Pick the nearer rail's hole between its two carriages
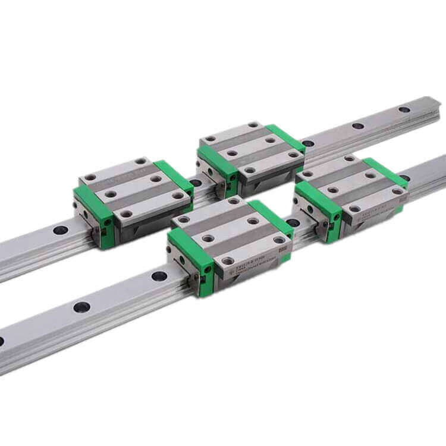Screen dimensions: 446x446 pyautogui.click(x=293, y=223)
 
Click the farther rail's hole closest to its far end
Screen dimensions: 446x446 pyautogui.click(x=404, y=109)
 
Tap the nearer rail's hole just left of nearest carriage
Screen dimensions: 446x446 pyautogui.click(x=159, y=276)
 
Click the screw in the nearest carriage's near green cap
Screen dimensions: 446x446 pyautogui.click(x=208, y=269)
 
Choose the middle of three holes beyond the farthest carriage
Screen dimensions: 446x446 pyautogui.click(x=357, y=125)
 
